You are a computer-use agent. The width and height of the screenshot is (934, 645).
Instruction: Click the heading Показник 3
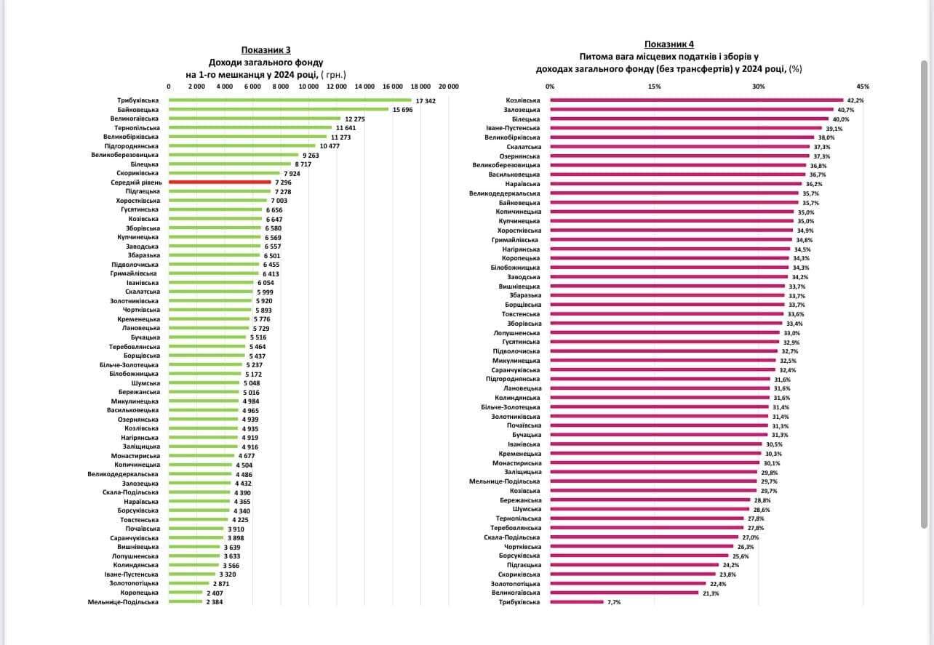click(266, 50)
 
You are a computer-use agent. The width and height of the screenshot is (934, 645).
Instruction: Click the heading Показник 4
click(669, 44)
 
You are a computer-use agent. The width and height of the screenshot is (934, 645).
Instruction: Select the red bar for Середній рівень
click(219, 182)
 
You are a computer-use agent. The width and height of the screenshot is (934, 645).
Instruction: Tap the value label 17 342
click(425, 100)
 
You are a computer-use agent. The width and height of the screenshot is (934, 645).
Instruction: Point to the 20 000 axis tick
click(448, 86)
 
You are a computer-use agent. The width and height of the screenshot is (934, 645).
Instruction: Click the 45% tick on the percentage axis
click(863, 86)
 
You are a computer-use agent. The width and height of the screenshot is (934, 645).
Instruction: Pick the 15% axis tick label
click(654, 86)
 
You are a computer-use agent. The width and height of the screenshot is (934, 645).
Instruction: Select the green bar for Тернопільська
click(250, 127)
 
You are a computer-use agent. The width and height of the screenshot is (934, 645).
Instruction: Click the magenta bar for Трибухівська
click(577, 602)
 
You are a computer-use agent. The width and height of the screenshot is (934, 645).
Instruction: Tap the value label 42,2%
click(855, 100)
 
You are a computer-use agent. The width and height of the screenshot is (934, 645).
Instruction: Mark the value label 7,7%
click(615, 602)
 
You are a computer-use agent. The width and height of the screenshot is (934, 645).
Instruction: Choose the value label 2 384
click(215, 602)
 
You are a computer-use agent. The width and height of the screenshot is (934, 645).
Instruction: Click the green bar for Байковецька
click(278, 109)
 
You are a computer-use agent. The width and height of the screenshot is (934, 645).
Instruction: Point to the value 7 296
click(283, 182)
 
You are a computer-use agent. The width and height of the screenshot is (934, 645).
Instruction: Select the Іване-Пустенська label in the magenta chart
click(514, 128)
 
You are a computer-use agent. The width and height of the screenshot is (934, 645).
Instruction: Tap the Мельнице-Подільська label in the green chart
click(123, 602)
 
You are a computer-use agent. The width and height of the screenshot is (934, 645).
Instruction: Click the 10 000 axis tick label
click(308, 86)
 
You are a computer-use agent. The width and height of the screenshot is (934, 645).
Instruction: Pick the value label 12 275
click(354, 119)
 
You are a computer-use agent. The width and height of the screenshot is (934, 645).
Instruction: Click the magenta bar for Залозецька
click(691, 109)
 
